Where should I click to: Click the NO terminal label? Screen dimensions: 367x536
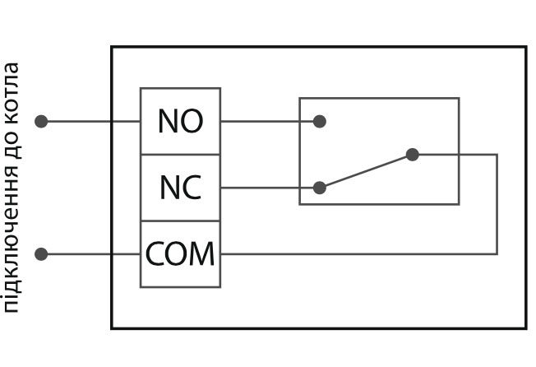[x=180, y=122]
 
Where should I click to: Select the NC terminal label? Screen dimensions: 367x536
[x=180, y=188]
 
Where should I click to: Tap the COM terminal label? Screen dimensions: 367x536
[x=180, y=253]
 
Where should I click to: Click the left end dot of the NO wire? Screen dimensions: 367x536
[x=41, y=122]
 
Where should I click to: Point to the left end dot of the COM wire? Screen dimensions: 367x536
[x=41, y=253]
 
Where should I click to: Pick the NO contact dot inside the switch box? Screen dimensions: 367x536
[x=320, y=122]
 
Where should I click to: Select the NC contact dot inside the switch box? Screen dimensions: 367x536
[x=320, y=188]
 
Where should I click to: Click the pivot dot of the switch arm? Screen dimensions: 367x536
[x=413, y=155]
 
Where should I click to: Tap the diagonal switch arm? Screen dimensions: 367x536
[x=366, y=171]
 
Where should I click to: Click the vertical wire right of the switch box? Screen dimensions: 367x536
[x=497, y=206]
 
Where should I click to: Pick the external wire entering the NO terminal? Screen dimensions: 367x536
[x=90, y=122]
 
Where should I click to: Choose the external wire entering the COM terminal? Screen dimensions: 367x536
[x=90, y=253]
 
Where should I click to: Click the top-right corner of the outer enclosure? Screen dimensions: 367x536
[x=525, y=47]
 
